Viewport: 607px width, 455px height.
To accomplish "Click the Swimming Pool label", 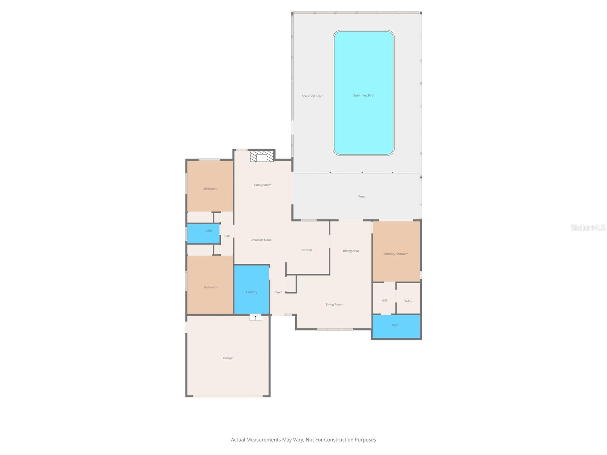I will (363, 96).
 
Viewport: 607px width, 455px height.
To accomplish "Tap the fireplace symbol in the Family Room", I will (262, 157).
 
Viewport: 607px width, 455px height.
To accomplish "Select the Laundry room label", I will (252, 292).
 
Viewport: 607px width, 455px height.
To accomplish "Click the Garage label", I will (228, 358).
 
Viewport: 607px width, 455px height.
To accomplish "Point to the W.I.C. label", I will (408, 301).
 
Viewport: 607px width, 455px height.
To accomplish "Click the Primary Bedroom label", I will (396, 254).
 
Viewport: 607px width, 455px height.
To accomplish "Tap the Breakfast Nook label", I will (261, 240).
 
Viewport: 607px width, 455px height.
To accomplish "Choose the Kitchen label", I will (307, 250).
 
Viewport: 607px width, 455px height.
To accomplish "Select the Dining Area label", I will (351, 251).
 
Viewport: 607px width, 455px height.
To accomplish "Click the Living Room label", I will (334, 304).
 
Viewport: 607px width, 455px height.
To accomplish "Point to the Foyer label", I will (278, 292).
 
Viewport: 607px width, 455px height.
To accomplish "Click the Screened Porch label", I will (313, 96).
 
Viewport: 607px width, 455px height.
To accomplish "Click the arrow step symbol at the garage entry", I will (256, 317).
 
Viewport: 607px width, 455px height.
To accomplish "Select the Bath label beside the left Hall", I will (209, 231).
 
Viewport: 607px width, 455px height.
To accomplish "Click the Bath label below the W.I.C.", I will (395, 325).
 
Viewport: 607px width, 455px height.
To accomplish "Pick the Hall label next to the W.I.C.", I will (384, 301).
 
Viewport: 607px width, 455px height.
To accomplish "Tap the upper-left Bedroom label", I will (210, 189).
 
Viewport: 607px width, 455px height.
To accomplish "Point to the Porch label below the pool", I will (362, 197).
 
